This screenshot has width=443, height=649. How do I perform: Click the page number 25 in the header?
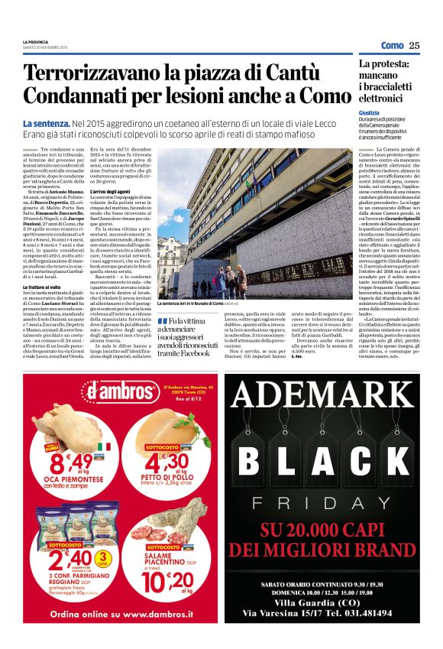415,45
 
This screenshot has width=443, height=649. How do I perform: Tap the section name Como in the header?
392,45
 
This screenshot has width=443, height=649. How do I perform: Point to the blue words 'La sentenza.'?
46,123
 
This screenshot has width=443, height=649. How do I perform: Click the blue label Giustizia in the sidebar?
369,112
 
